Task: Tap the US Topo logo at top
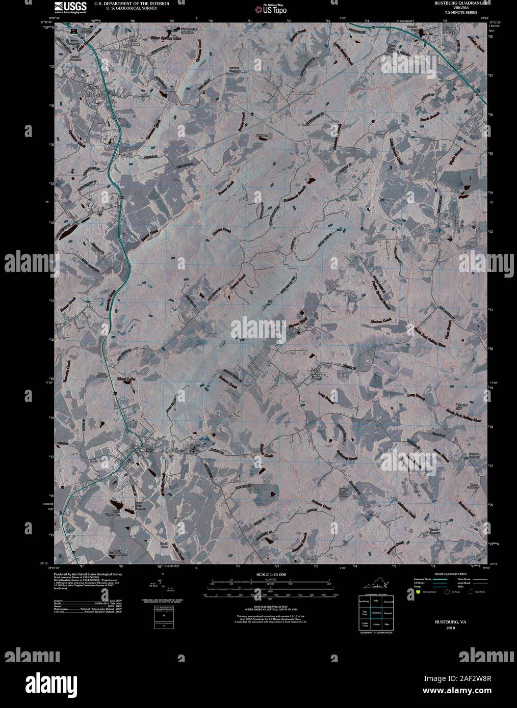click(x=274, y=8)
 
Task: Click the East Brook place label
click(x=134, y=42)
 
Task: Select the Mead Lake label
click(x=121, y=379)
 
